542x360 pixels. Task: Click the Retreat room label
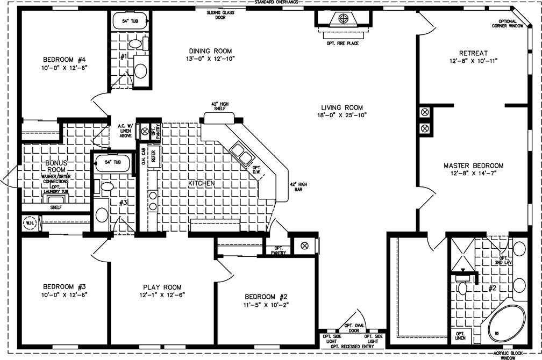coord(473,53)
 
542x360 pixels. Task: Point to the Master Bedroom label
coord(473,165)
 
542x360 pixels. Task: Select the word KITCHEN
coord(201,184)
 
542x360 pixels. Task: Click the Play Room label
coord(162,287)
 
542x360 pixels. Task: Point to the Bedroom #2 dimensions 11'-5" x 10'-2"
coord(267,305)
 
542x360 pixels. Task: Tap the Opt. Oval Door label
coord(355,328)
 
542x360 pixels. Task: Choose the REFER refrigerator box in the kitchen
coord(153,156)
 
